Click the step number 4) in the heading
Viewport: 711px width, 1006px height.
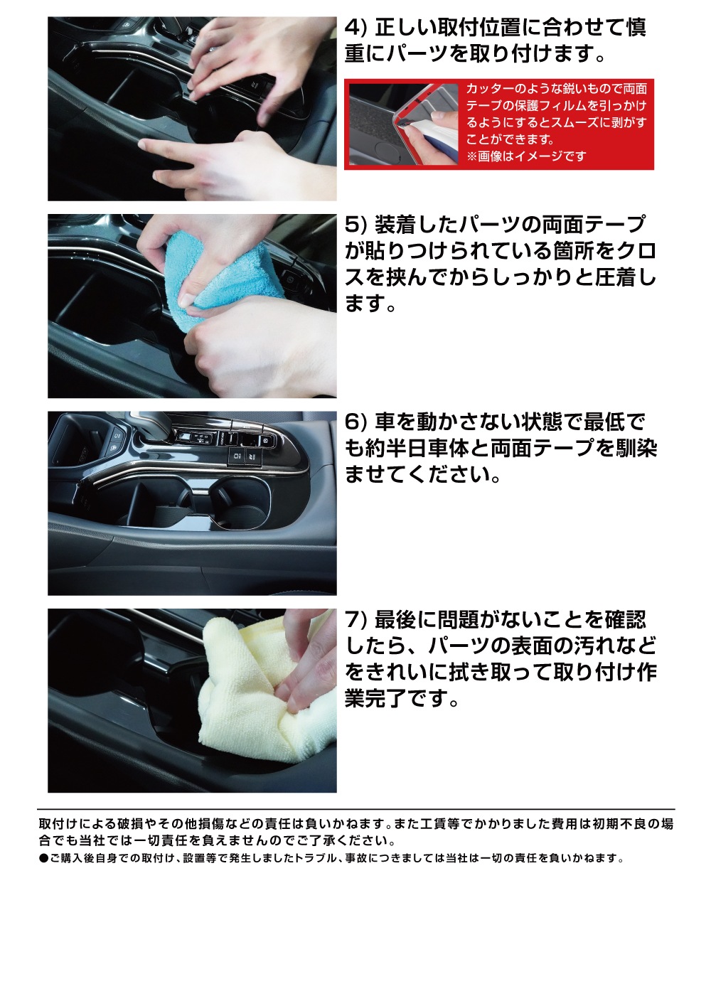point(357,28)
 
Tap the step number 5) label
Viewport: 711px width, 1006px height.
point(357,225)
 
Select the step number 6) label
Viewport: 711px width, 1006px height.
point(357,422)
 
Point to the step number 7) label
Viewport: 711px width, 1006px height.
point(357,620)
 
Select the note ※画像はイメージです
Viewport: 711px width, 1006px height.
point(526,156)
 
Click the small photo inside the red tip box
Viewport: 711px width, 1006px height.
point(403,124)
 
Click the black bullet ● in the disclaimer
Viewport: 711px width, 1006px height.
point(43,858)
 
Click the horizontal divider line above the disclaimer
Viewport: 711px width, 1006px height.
point(357,809)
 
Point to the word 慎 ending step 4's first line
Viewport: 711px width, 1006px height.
point(635,28)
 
